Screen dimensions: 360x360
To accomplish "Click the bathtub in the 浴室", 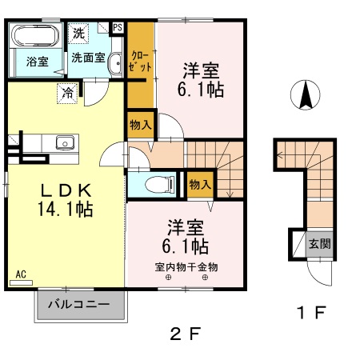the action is tap(36, 36).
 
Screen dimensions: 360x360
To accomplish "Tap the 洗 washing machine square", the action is tap(78, 34).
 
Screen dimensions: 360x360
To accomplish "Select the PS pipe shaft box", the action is tap(118, 28).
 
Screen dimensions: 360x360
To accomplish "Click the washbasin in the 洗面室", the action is tap(115, 62).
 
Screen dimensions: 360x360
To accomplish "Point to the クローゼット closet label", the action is tap(140, 62).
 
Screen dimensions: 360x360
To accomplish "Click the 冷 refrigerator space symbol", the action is tap(67, 93).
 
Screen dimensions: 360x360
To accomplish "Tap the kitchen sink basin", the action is tap(65, 142).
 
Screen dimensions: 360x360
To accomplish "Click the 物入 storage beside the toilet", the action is tap(200, 185).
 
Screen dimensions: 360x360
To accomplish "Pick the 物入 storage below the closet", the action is tap(141, 125).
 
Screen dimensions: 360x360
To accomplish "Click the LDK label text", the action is tap(66, 190).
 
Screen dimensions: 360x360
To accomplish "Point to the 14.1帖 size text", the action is tap(66, 209).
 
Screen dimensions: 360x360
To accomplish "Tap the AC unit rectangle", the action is tap(21, 282).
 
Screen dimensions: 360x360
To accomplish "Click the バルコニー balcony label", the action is tap(79, 304).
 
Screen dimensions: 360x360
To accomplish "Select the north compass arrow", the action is tap(306, 95).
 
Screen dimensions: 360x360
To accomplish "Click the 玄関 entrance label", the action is tap(320, 243).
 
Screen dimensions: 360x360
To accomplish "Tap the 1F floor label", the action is tap(312, 313).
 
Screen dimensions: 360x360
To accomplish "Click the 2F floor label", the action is tap(185, 334).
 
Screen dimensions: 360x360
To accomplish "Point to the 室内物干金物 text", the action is tap(186, 267).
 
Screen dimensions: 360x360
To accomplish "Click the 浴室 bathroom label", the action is tap(38, 62).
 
